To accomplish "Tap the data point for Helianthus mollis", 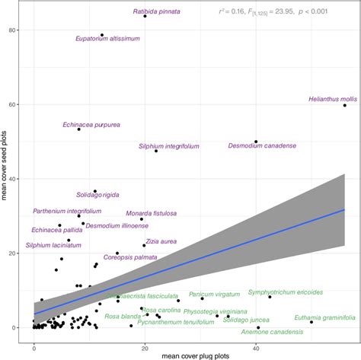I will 345,106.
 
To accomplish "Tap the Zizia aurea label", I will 160,241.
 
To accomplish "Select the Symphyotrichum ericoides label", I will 285,292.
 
